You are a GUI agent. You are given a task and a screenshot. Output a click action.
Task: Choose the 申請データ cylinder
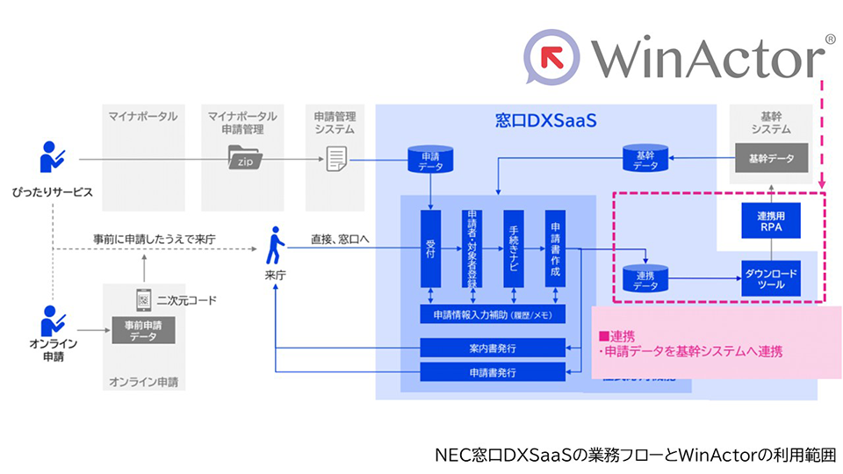pos(431,159)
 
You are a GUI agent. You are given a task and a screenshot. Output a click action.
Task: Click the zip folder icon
pos(243,159)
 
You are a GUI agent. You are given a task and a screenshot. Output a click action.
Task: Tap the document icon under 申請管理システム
pos(336,159)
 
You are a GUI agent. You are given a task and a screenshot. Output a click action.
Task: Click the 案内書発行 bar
pos(493,348)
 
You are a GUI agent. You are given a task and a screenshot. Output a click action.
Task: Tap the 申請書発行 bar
pos(493,372)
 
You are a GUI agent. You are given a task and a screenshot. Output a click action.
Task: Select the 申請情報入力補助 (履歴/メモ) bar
pos(493,314)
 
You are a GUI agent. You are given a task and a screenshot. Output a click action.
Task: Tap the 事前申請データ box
pos(143,331)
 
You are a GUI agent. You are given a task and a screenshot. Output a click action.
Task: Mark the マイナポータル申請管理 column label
pos(243,122)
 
